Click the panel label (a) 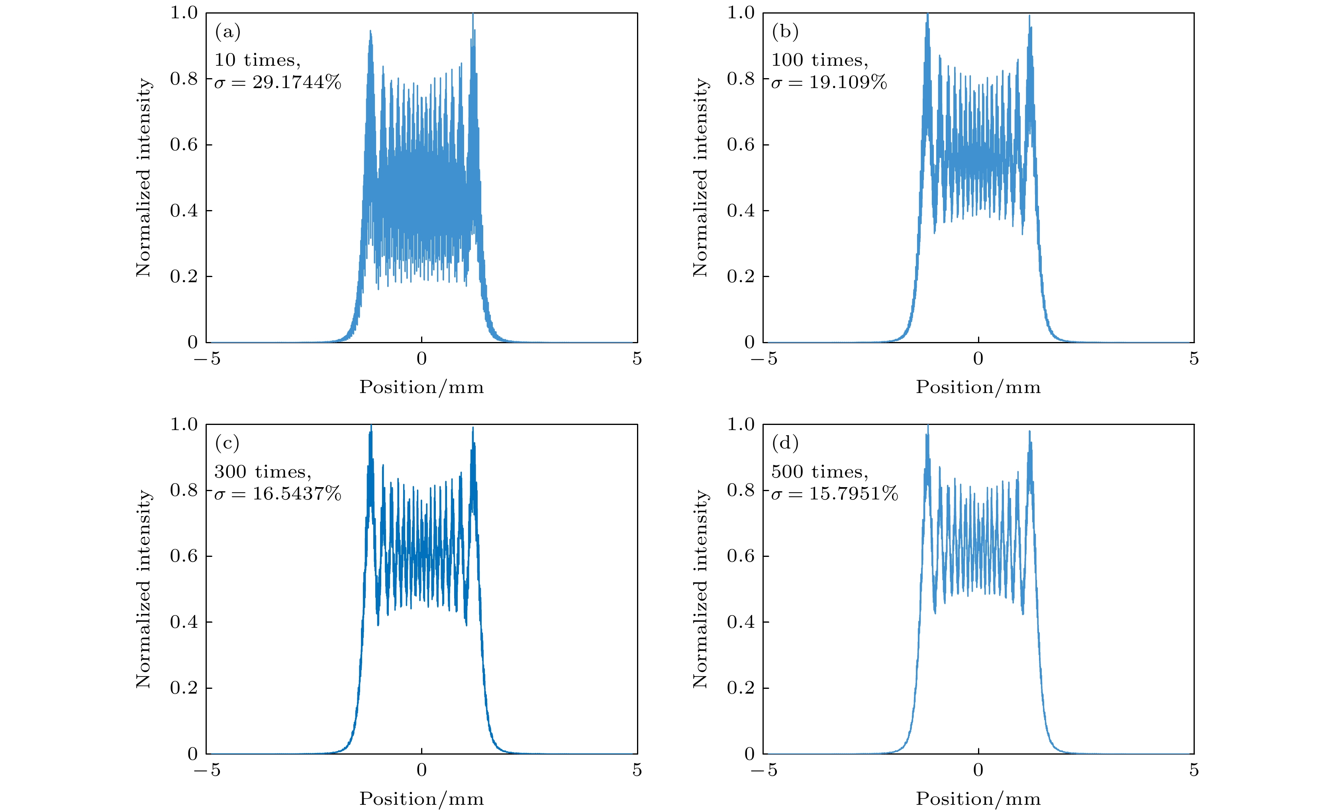tap(228, 32)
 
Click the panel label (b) tap(784, 32)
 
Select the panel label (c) tap(227, 443)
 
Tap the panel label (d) tap(784, 443)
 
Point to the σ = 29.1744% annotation tap(278, 82)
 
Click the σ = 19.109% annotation tap(829, 82)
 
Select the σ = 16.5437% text tap(278, 493)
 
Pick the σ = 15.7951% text tap(835, 493)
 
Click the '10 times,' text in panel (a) tap(257, 60)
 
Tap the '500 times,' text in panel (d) tap(819, 472)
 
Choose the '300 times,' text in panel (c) tap(263, 472)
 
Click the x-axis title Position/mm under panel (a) tap(421, 387)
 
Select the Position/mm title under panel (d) tap(978, 798)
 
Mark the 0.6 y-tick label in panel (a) tap(184, 145)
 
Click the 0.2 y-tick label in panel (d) tap(741, 688)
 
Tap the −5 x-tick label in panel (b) tap(764, 358)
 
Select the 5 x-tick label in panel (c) tap(637, 770)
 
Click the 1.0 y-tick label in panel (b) tap(741, 12)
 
